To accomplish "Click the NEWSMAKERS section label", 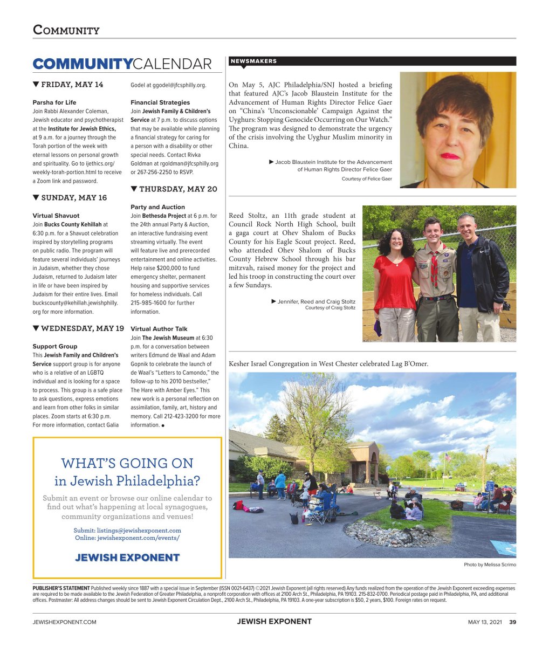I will (253, 61).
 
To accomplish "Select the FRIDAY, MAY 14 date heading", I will (68, 85).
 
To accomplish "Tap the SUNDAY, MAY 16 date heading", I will (70, 198).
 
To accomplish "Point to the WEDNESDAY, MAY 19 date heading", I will (78, 328).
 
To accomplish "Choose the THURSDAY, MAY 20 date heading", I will (174, 189).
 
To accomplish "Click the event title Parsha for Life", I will (54, 102).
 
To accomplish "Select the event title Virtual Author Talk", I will (159, 329).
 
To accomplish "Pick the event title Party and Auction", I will (157, 207).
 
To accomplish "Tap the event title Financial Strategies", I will (160, 102).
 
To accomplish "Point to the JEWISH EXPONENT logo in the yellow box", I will (127, 557).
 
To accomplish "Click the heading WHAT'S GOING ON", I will (127, 463).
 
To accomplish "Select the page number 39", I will (513, 622).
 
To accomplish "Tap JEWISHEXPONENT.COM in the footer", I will (64, 622).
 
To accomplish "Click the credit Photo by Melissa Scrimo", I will (490, 565).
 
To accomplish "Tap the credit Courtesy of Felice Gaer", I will (367, 179).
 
